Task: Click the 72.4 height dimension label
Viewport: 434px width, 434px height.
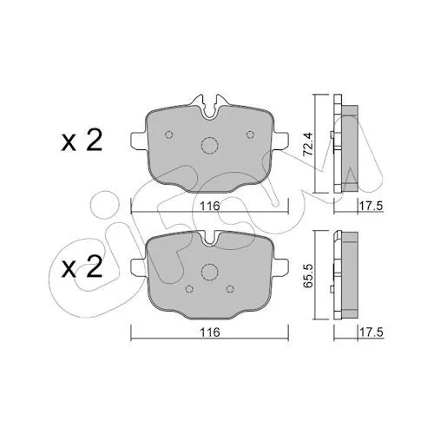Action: [x=308, y=144]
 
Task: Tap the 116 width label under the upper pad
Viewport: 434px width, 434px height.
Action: [x=210, y=206]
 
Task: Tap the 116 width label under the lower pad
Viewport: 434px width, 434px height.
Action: [x=210, y=332]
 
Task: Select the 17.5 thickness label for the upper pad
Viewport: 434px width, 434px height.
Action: [x=371, y=206]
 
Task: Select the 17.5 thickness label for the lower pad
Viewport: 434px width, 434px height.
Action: [x=371, y=332]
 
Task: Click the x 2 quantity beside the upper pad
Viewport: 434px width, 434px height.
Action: [x=82, y=140]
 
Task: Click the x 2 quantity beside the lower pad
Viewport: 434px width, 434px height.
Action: [x=82, y=266]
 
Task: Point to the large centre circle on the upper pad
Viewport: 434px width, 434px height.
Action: [x=209, y=145]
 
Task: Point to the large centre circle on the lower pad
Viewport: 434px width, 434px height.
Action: [x=209, y=272]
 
